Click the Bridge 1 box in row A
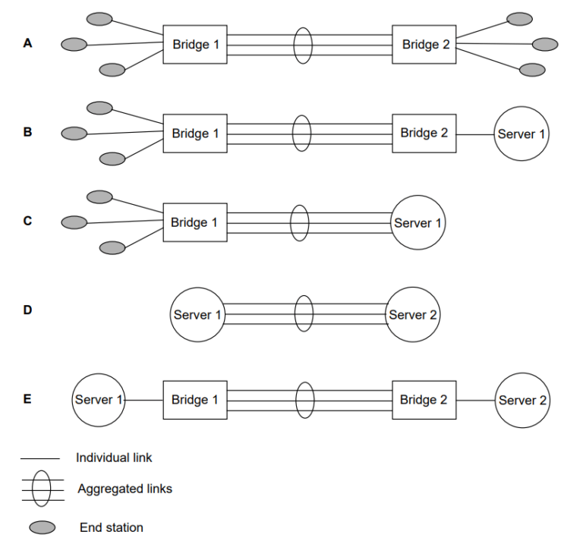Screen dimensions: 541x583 click(x=194, y=44)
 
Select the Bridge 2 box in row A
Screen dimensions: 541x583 click(x=424, y=44)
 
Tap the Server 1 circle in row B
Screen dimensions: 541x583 click(x=522, y=134)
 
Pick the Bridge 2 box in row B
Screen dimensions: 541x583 click(x=424, y=134)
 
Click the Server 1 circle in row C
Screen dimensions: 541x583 click(x=418, y=223)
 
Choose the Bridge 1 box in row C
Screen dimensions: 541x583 click(x=194, y=222)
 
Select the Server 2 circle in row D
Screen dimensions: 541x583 click(x=413, y=314)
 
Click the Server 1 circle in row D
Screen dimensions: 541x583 click(x=197, y=315)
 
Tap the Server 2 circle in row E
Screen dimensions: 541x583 click(x=522, y=400)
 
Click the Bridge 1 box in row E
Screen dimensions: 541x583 click(x=194, y=400)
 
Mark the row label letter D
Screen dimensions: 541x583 click(x=27, y=310)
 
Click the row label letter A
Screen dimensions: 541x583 click(x=27, y=43)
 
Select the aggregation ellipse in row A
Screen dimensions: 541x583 click(x=303, y=44)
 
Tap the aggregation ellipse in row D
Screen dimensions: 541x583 click(x=303, y=314)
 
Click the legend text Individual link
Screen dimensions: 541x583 click(x=114, y=458)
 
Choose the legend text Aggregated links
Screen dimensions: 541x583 click(x=124, y=489)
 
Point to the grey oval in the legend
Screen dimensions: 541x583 click(x=42, y=527)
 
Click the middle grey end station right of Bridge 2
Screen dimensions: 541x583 click(x=544, y=44)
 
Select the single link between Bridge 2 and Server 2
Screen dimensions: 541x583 click(x=475, y=400)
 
